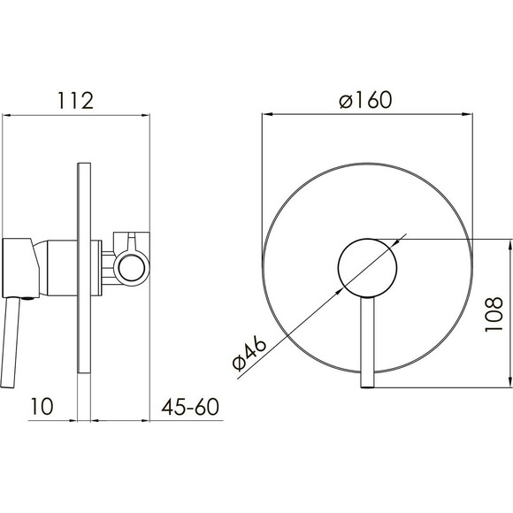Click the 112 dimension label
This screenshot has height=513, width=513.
[x=76, y=101]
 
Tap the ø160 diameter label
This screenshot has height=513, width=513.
[x=365, y=99]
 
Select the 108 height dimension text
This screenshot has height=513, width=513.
[x=493, y=314]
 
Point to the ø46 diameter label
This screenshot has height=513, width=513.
[x=249, y=355]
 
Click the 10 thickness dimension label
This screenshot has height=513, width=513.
[x=42, y=406]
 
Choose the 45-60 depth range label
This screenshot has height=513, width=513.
[x=190, y=407]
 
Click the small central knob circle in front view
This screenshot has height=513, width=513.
[x=367, y=268]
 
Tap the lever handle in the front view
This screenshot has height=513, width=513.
[x=367, y=342]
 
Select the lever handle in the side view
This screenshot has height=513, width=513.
[x=11, y=342]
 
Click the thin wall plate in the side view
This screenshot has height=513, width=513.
[x=84, y=268]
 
